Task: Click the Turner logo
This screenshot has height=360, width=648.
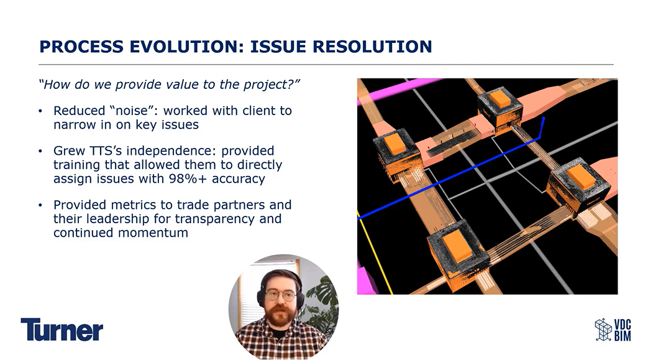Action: (x=62, y=330)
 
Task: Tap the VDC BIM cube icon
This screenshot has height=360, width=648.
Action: (x=603, y=330)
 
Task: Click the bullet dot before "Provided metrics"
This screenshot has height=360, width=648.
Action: (x=40, y=205)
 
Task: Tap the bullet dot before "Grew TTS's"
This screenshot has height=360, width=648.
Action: (x=40, y=150)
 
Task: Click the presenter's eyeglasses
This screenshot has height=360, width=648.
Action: (x=281, y=295)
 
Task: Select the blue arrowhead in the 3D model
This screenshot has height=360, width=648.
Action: (x=543, y=121)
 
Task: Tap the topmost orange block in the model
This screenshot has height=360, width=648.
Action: (x=500, y=99)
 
